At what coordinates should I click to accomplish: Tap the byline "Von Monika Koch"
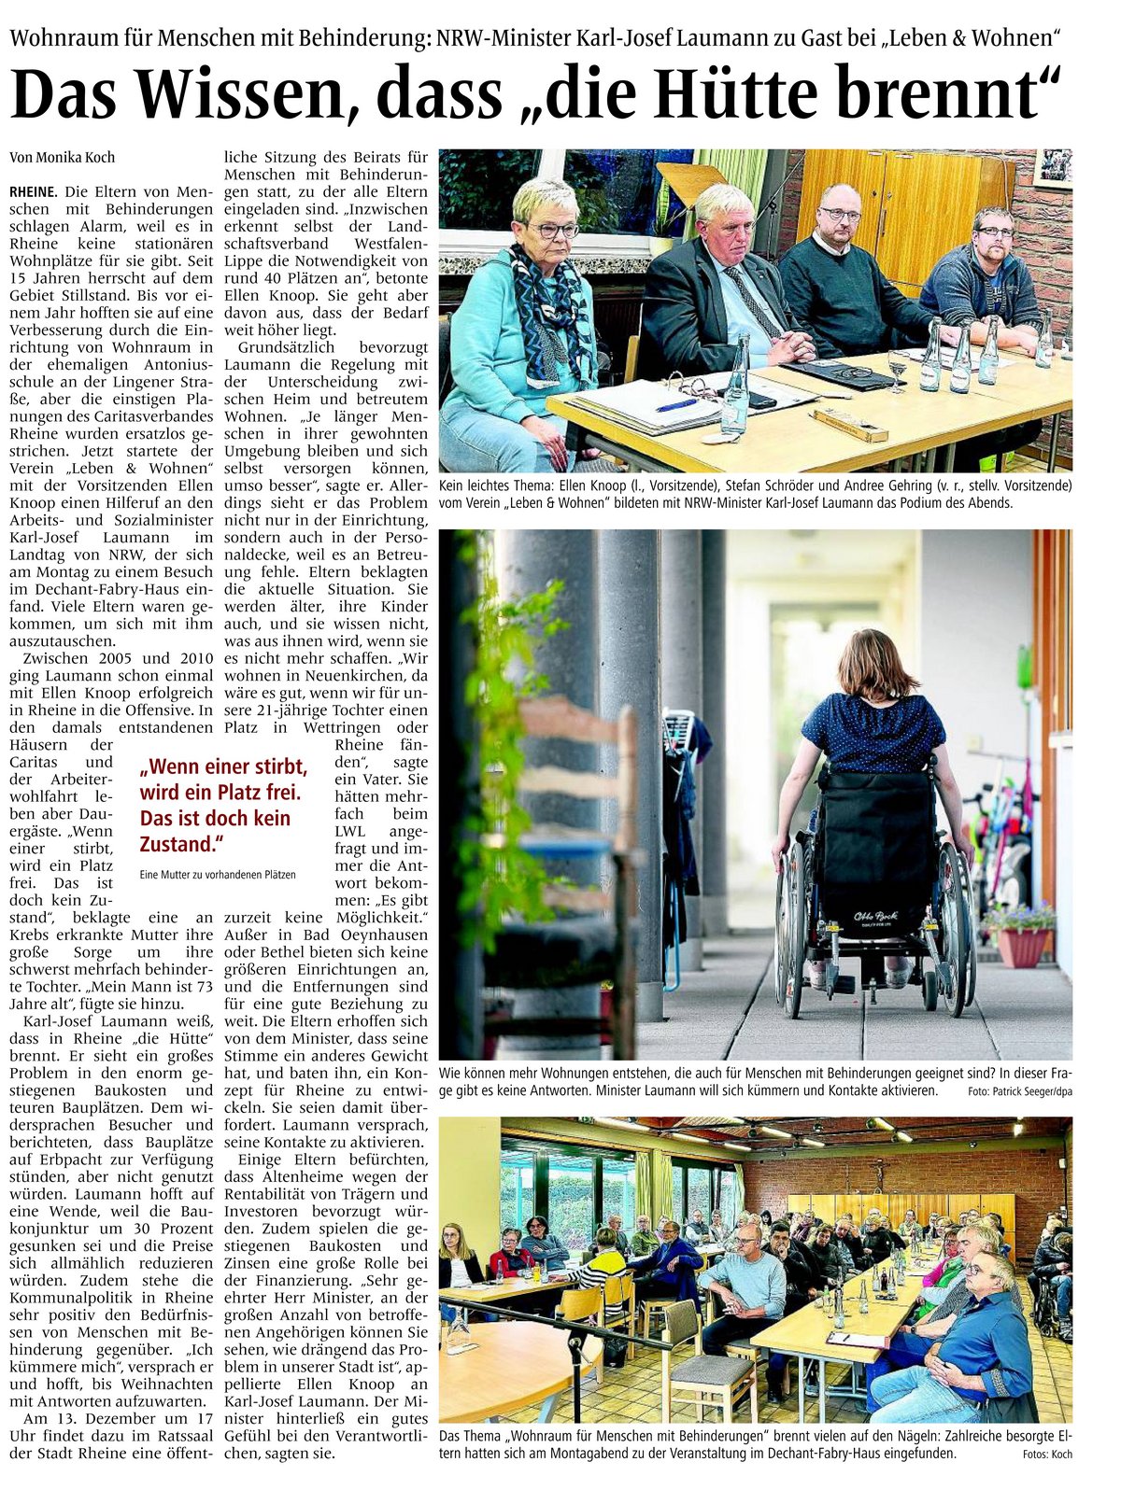coord(63,158)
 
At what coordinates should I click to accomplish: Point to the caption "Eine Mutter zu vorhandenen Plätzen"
coord(218,875)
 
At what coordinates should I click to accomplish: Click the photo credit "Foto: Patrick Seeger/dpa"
coord(1020,1090)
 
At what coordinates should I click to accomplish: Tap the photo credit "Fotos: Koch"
coord(1046,1454)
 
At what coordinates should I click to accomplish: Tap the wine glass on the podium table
coord(897,366)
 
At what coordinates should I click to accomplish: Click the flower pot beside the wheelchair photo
coord(1022,945)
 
